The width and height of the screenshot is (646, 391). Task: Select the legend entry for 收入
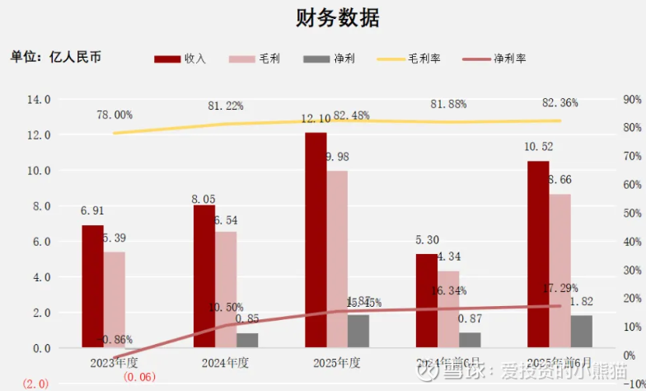pyautogui.click(x=181, y=59)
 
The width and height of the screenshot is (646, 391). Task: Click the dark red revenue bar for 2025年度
pyautogui.click(x=316, y=239)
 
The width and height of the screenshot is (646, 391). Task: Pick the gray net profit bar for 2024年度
pyautogui.click(x=247, y=340)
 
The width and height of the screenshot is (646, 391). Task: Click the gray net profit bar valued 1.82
pyautogui.click(x=582, y=331)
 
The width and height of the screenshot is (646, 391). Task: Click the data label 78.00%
pyautogui.click(x=114, y=115)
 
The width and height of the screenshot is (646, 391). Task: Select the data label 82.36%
pyautogui.click(x=560, y=103)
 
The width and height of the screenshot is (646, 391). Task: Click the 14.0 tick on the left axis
pyautogui.click(x=40, y=100)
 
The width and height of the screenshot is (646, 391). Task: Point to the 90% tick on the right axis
pyautogui.click(x=632, y=100)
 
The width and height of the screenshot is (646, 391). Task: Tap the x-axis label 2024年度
pyautogui.click(x=225, y=362)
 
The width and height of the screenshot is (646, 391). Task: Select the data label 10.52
pyautogui.click(x=539, y=148)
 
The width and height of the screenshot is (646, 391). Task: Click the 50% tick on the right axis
pyautogui.click(x=632, y=214)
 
